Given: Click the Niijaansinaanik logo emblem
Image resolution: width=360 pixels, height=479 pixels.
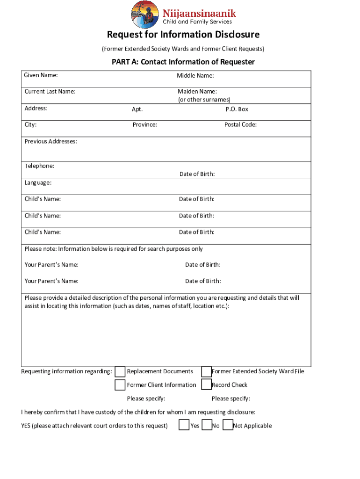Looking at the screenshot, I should (144, 14).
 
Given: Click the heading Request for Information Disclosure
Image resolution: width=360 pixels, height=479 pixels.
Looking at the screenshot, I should (183, 35).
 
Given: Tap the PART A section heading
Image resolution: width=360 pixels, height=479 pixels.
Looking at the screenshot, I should (183, 62).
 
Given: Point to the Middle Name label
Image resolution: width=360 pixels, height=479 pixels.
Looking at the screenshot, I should (195, 76).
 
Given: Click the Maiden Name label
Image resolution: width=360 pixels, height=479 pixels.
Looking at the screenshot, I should (197, 92).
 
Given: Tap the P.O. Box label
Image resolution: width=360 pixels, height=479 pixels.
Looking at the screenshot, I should (237, 109).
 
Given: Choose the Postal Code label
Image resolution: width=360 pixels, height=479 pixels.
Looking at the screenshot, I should (240, 124).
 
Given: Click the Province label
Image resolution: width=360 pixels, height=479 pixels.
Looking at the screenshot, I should (145, 125).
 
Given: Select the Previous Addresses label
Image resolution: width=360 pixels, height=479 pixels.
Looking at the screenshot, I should (51, 141).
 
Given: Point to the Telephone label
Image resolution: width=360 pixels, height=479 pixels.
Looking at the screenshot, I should (39, 166).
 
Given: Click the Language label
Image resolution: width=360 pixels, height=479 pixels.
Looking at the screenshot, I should (38, 182).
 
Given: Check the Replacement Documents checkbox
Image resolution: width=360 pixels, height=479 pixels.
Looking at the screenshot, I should (120, 371).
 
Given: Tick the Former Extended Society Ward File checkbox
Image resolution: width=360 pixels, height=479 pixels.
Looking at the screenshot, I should (206, 371).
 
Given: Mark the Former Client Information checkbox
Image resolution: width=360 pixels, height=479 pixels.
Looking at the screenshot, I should (120, 385).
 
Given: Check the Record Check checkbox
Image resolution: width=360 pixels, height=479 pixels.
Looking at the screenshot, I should (206, 385).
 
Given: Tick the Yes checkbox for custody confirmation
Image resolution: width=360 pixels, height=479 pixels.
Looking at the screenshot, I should (184, 425).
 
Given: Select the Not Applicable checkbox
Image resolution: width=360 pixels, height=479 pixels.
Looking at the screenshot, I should (228, 425).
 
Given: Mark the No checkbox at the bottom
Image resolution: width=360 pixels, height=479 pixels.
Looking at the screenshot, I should (207, 425).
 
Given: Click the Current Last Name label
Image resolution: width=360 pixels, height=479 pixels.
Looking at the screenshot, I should (50, 92).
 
